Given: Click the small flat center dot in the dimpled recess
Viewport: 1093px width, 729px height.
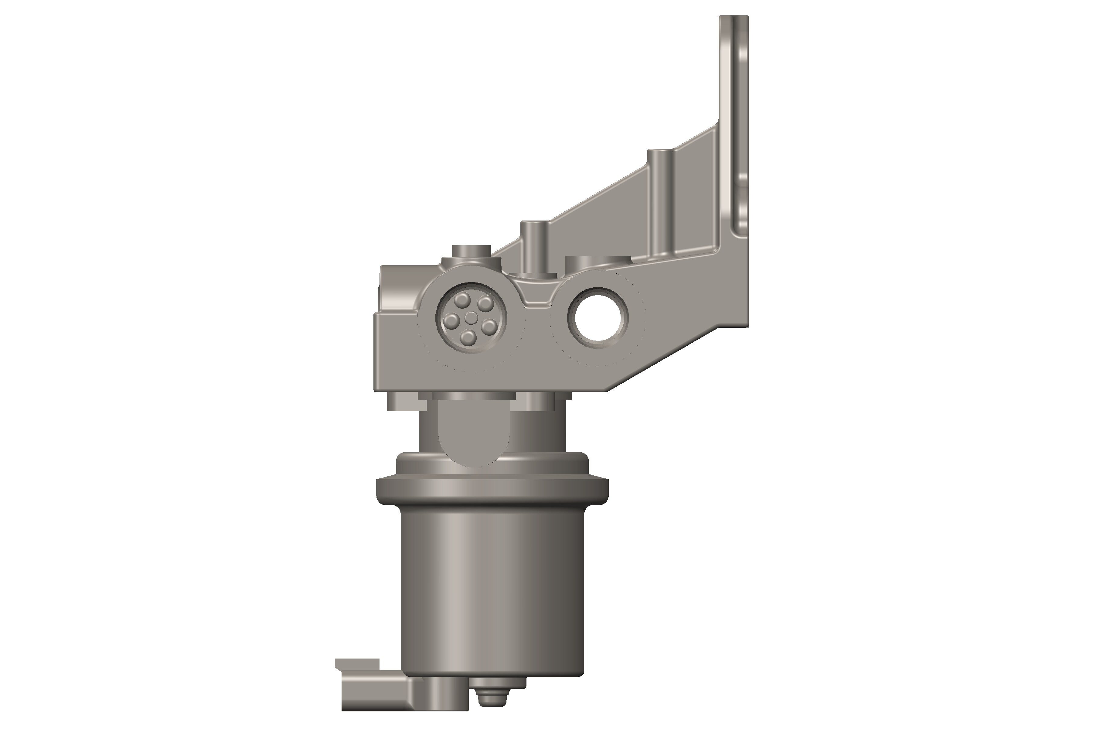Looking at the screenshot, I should [471, 318].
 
